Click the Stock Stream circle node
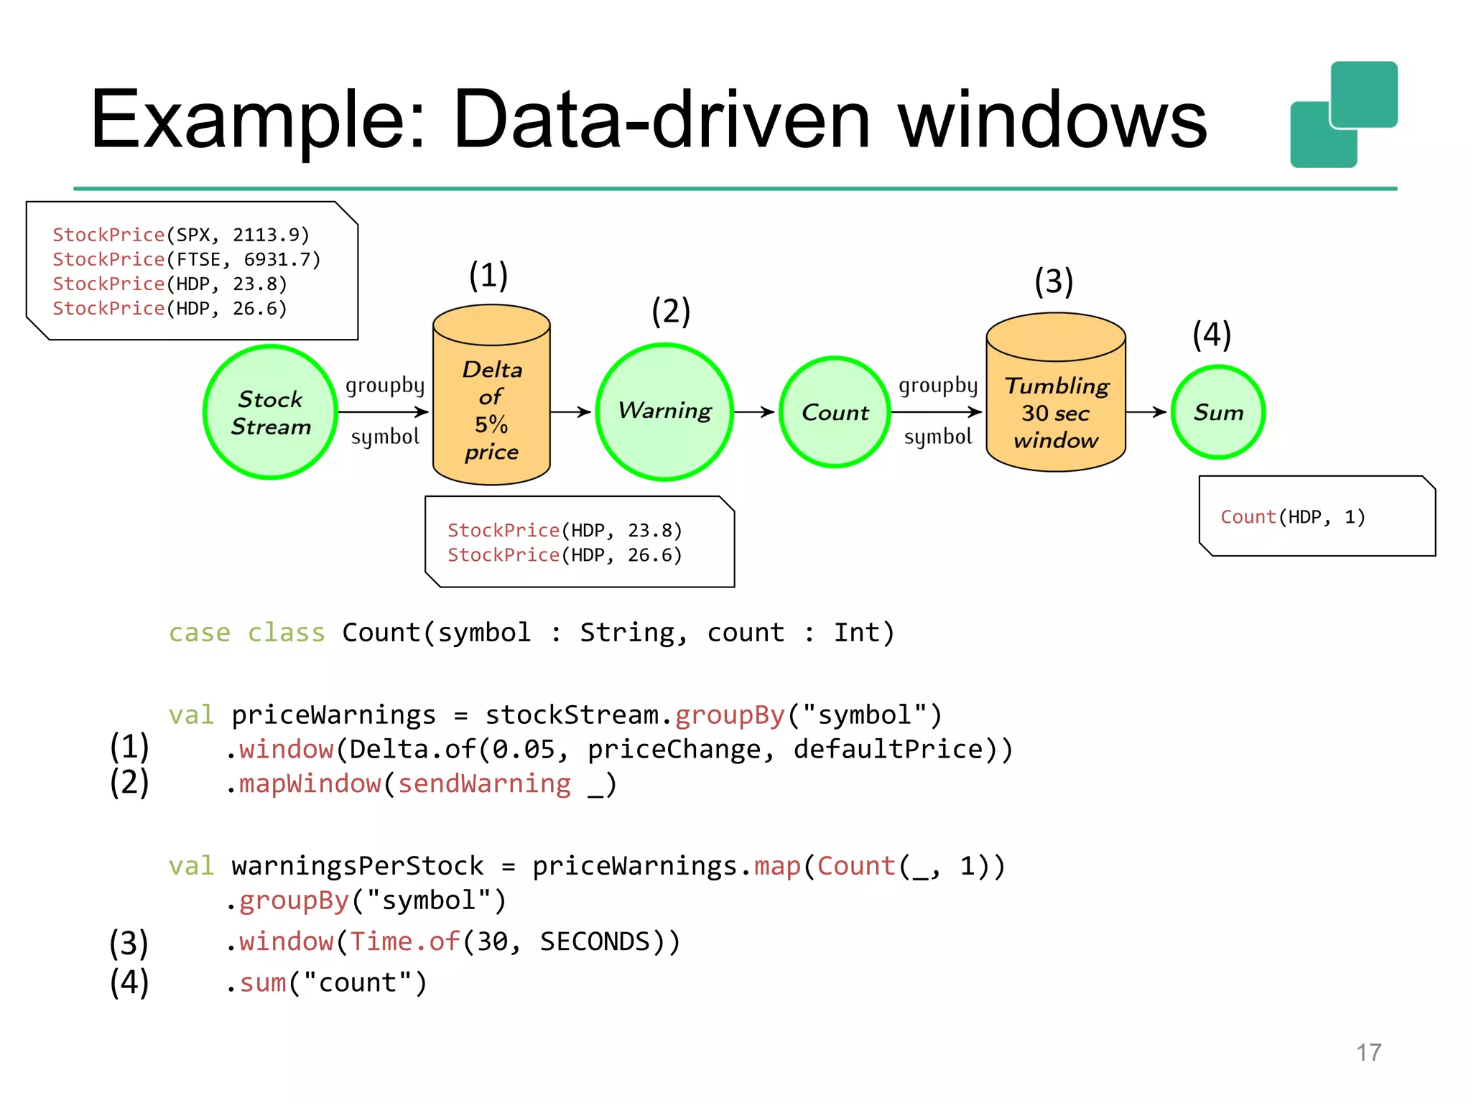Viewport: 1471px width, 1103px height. point(270,412)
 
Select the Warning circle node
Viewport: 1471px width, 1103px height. point(664,412)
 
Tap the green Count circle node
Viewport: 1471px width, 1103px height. point(835,412)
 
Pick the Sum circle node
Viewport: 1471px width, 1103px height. point(1217,412)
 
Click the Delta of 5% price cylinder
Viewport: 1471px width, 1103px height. point(491,402)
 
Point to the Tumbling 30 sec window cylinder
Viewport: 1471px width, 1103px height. point(1055,402)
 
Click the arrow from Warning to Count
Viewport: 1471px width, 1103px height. point(754,412)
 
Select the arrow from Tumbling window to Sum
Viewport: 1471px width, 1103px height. point(1146,412)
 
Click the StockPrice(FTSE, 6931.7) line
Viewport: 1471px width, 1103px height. point(186,259)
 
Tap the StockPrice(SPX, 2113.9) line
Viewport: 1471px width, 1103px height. point(180,235)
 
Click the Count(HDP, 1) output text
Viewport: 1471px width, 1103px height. point(1292,517)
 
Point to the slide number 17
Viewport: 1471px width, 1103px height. point(1368,1053)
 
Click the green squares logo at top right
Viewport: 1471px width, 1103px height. point(1343,115)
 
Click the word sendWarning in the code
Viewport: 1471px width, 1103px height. point(484,783)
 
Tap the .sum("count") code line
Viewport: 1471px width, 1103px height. point(328,982)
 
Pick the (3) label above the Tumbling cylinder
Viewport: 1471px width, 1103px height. point(1054,281)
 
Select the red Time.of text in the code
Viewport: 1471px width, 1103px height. point(404,941)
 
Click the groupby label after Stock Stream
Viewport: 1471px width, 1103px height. point(385,386)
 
